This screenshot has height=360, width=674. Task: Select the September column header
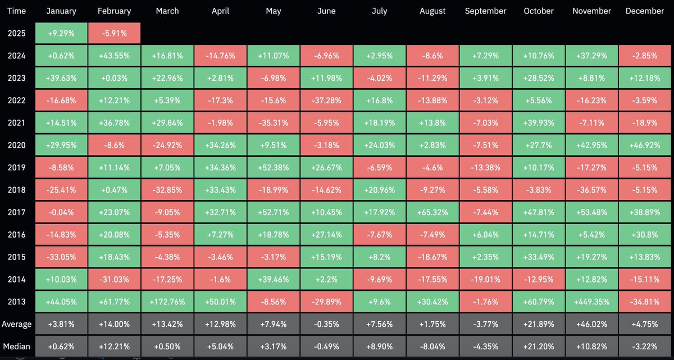[485, 11]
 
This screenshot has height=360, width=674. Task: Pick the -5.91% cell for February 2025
[115, 33]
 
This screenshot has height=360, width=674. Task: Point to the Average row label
[17, 324]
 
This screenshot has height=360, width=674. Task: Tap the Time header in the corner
[17, 11]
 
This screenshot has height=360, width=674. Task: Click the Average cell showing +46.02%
[591, 324]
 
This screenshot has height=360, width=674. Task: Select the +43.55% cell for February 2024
[115, 56]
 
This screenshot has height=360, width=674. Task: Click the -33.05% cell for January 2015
[61, 257]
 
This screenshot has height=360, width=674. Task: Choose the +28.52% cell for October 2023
[538, 78]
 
